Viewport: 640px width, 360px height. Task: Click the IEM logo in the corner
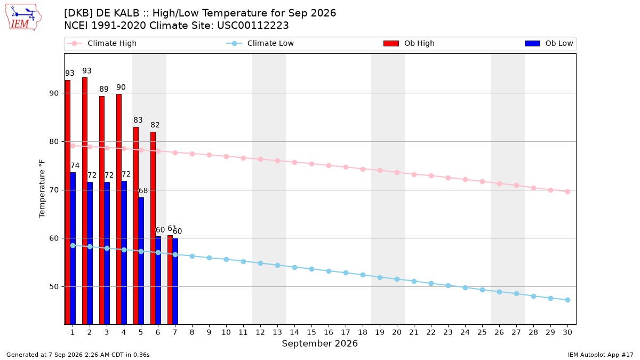[x=23, y=18]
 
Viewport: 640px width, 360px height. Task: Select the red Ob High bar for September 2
[x=85, y=201]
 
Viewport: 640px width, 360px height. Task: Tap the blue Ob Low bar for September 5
[x=141, y=261]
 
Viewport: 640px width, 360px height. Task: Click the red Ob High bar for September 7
[x=170, y=280]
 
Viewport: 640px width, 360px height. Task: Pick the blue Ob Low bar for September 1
[x=73, y=249]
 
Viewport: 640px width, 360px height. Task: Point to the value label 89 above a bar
[x=104, y=89]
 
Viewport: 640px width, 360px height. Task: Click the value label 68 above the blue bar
[x=143, y=190]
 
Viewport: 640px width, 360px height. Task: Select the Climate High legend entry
[x=102, y=43]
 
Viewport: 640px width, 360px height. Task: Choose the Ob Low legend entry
[x=549, y=43]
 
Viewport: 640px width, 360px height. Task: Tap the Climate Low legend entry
[x=260, y=43]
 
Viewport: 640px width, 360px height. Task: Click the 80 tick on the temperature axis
[x=54, y=142]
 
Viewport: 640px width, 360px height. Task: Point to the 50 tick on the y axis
[x=54, y=286]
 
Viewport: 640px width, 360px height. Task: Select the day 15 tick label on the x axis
[x=311, y=332]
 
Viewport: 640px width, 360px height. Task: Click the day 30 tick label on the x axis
[x=567, y=332]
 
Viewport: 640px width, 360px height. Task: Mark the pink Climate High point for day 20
[x=397, y=173]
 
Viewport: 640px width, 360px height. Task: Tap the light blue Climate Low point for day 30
[x=567, y=300]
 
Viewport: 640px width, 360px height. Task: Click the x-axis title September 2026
[x=319, y=343]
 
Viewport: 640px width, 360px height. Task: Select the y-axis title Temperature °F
[x=42, y=189]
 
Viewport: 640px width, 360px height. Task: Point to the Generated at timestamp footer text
[x=78, y=355]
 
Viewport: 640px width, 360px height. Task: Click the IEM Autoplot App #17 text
[x=601, y=355]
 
